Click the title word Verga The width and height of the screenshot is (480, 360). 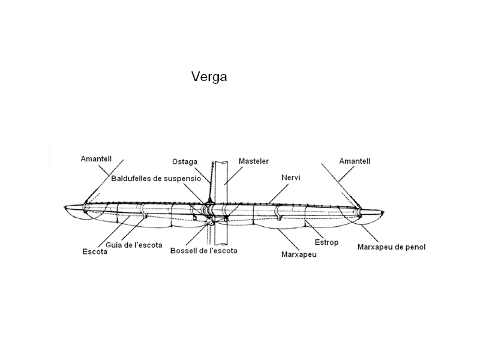[209, 77]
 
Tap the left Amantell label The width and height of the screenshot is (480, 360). [97, 159]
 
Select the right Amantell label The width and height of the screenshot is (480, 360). [355, 161]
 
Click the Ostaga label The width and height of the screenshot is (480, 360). [184, 161]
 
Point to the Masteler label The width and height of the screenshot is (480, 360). [254, 161]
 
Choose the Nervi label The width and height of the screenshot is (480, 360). [291, 178]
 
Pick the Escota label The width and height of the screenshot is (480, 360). [95, 252]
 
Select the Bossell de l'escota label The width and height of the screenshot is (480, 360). [203, 250]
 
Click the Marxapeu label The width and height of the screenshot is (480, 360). [299, 254]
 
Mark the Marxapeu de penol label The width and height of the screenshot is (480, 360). [391, 247]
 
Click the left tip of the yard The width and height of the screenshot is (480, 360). [65, 208]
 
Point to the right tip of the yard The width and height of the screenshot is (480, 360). [385, 211]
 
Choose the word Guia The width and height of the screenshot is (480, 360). [114, 245]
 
